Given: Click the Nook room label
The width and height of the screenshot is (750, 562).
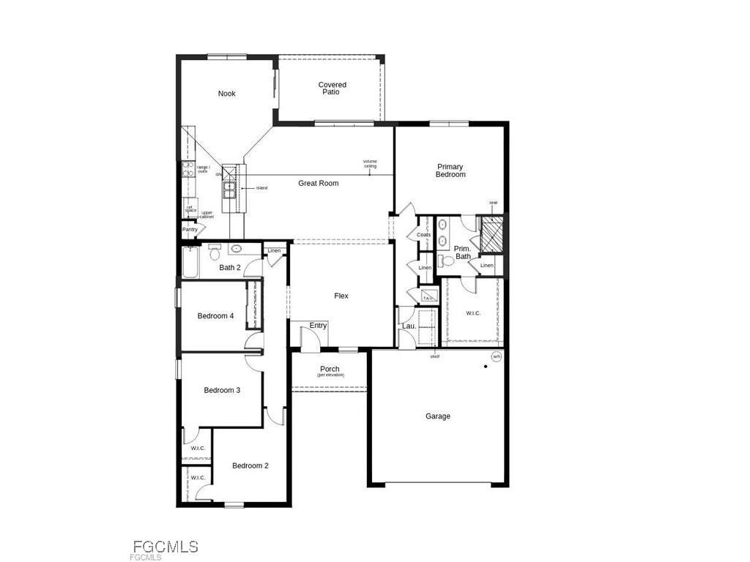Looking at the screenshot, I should tap(227, 94).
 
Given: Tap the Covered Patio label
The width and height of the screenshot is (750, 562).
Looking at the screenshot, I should tap(332, 89).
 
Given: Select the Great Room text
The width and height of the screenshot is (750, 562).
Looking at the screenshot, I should tap(319, 183).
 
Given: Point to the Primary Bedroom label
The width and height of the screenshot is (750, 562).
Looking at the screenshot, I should tap(450, 171).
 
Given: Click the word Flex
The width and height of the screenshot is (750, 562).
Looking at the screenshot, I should tap(341, 296).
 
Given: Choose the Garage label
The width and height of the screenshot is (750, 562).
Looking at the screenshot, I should tap(438, 416).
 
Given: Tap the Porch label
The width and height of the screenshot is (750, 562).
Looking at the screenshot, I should tap(330, 370).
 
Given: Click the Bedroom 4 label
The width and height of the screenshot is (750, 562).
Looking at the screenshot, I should tap(215, 316).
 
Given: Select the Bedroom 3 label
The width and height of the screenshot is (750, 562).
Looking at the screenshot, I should tap(222, 390).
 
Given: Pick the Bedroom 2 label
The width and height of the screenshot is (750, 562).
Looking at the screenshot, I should tap(250, 465).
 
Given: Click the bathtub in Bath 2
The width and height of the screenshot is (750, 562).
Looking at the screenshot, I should tap(190, 263).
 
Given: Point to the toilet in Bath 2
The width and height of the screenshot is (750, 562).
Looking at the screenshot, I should tap(215, 254).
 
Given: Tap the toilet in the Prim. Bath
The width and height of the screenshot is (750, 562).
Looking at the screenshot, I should tap(448, 261).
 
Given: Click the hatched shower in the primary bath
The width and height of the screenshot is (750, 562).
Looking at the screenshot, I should tap(490, 233).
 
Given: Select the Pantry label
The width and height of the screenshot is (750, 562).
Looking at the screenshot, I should tap(190, 230).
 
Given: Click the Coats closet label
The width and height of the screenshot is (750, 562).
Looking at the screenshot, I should tap(423, 235).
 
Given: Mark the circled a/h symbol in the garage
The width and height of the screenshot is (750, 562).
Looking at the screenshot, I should tap(496, 356).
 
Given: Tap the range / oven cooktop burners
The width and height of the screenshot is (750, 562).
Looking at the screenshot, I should tap(187, 169).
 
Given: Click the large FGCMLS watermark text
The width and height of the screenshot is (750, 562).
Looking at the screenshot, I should tap(166, 547).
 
